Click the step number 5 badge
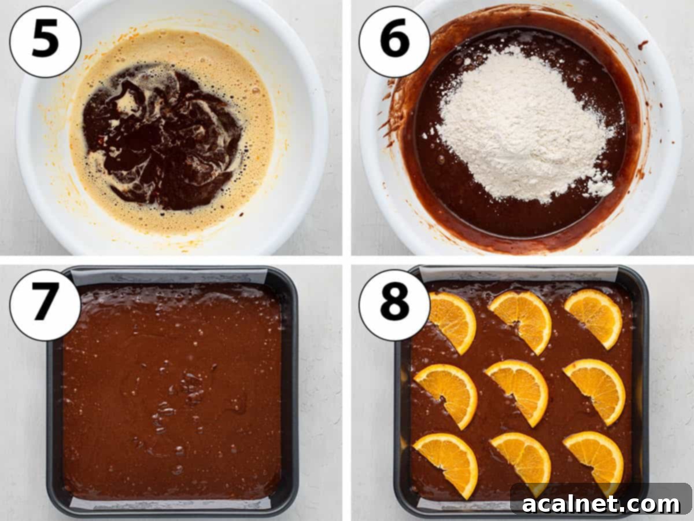click(45, 41)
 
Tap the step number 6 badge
click(394, 41)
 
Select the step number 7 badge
click(45, 304)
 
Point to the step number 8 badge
click(394, 304)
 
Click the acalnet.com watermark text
click(601, 504)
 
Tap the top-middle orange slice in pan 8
click(522, 320)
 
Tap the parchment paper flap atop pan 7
click(168, 277)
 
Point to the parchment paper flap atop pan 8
click(518, 273)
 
